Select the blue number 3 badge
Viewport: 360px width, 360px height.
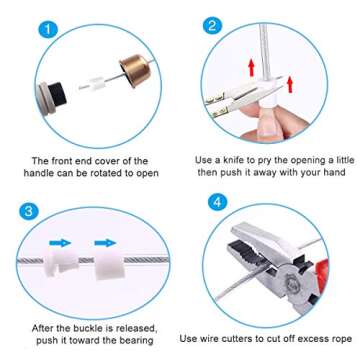tap(29, 211)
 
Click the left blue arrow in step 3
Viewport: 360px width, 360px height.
tap(62, 242)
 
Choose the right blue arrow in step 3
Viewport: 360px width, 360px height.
tap(104, 242)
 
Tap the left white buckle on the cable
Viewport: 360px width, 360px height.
tap(64, 265)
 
